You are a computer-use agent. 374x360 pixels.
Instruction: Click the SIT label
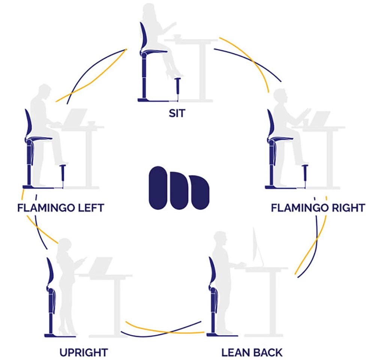pos(177,113)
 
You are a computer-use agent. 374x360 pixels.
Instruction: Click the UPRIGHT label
pos(84,352)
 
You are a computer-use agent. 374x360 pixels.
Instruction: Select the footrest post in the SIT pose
pos(178,89)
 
